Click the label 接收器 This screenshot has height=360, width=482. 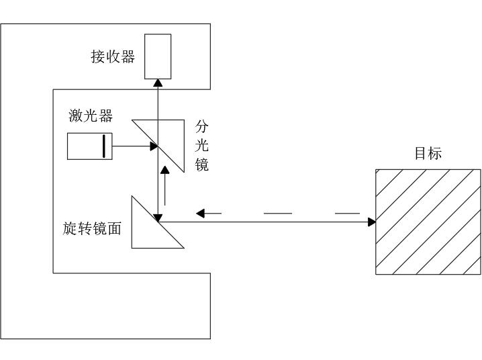pos(113,56)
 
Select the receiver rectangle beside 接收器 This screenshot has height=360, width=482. pos(158,56)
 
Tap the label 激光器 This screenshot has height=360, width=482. pos(91,116)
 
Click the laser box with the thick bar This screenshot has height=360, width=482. pos(89,146)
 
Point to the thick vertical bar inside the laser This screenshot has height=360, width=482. pos(104,146)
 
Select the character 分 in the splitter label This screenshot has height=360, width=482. pos(202,126)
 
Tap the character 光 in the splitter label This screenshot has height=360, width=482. pos(202,144)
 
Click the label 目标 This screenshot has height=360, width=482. pos(428,153)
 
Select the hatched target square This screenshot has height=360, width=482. pos(428,221)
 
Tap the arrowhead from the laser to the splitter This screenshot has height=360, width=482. pos(152,146)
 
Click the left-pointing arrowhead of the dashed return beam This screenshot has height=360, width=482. pos(199,214)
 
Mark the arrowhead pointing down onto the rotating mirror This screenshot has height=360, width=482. pos(158,217)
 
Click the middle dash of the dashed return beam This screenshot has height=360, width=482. pos(278,214)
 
